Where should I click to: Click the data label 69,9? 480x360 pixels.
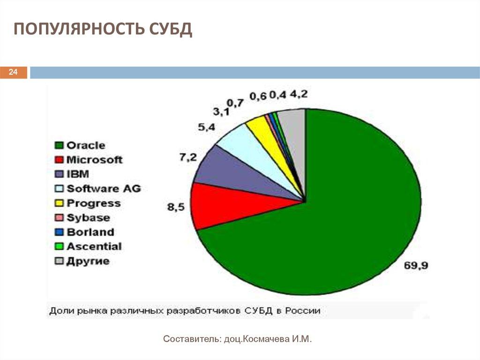[415, 266]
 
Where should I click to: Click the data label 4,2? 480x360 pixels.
[299, 94]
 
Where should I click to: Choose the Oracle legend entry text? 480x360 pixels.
[86, 146]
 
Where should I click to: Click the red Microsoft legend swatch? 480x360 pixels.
[59, 160]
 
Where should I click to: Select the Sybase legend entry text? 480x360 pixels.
[88, 218]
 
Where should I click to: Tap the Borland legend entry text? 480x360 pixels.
[90, 232]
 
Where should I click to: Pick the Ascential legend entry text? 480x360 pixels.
[94, 246]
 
